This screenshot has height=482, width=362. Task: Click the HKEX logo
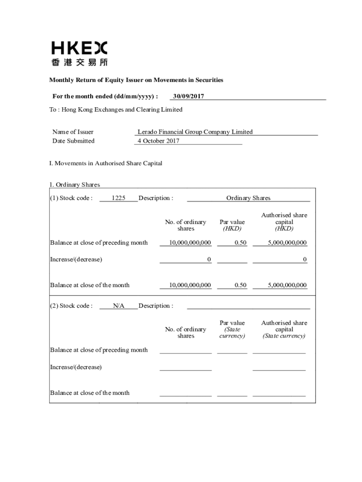pos(79,53)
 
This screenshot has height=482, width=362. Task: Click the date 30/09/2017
pos(188,96)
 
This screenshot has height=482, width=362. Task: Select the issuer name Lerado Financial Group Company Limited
pos(195,132)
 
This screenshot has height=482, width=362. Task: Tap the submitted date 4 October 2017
pos(158,141)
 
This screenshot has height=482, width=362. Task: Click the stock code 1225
pos(118,198)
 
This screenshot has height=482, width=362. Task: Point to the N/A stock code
pos(118,306)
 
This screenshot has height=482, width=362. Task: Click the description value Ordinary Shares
pos(248,198)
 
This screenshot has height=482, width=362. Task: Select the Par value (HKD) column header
pos(232,225)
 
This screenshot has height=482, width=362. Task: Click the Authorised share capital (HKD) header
pos(284,222)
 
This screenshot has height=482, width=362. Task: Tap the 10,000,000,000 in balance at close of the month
pos(190,285)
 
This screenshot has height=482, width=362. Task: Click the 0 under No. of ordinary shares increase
pos(209,259)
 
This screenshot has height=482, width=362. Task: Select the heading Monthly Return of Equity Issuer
pos(136,80)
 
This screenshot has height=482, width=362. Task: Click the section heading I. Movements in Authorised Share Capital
pos(106,163)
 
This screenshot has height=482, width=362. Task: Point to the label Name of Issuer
pos(73,132)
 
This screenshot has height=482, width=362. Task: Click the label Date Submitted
pos(73,141)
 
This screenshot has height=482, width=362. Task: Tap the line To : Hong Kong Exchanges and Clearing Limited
pos(116,110)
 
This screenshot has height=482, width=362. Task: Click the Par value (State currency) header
pos(232,329)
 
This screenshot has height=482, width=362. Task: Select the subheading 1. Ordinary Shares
pos(75,185)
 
